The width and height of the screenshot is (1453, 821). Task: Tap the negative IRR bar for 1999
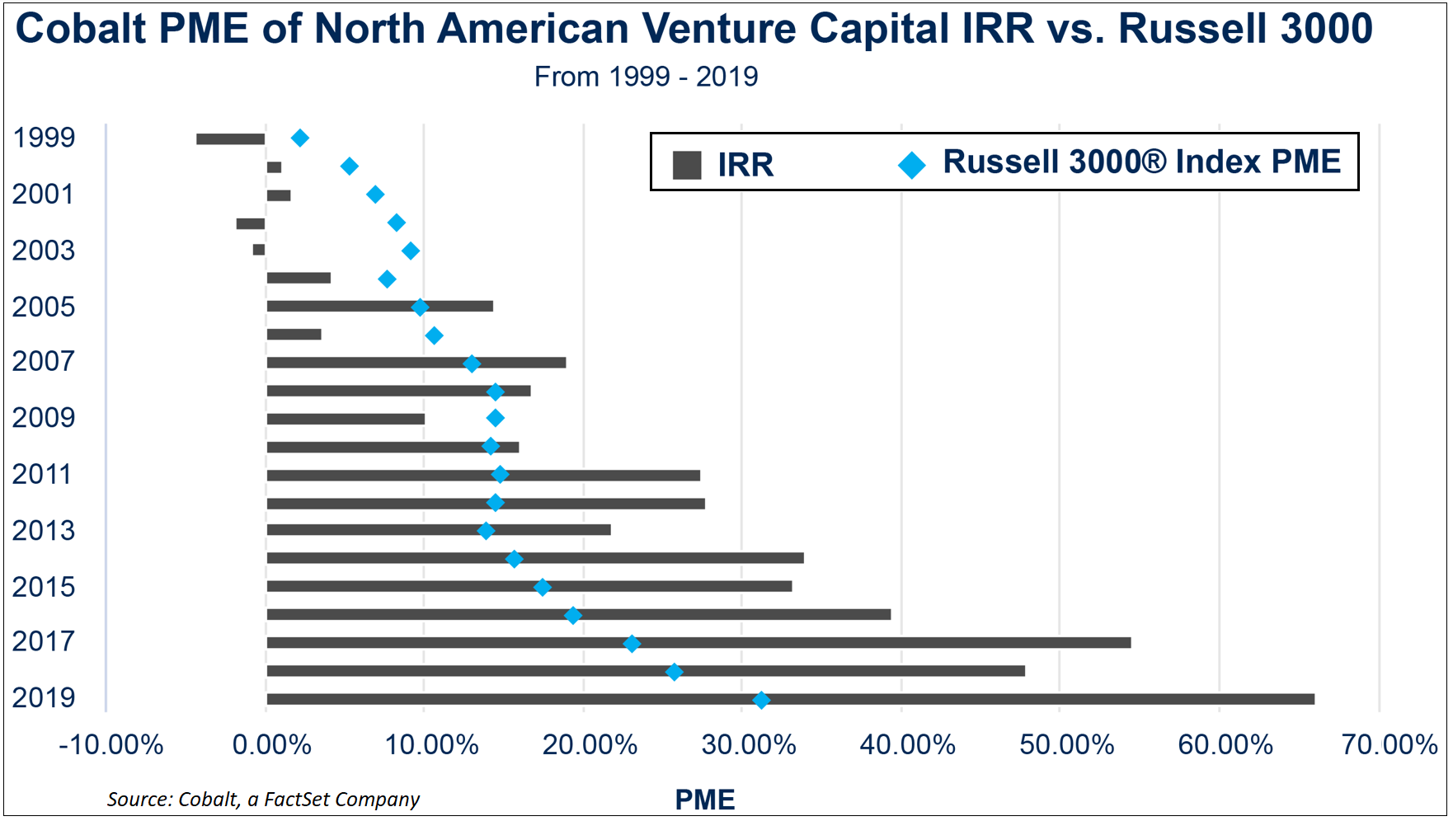point(230,138)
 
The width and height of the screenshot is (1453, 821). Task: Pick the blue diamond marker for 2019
point(761,700)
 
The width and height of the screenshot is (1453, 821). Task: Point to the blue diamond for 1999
point(300,138)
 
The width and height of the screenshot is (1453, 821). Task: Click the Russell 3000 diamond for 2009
point(495,418)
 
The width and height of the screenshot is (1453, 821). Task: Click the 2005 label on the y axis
point(43,307)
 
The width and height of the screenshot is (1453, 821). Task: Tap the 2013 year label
point(43,530)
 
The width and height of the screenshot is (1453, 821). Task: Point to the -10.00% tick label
point(111,744)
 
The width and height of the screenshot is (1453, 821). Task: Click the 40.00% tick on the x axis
point(907,744)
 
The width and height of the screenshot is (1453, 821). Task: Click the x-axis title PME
point(704,800)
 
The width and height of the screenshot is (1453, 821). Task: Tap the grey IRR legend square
point(687,165)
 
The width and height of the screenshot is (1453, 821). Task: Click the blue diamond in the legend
point(912,165)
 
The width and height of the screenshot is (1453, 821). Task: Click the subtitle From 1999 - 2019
point(646,77)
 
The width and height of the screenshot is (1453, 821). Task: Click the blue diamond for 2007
point(472,364)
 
